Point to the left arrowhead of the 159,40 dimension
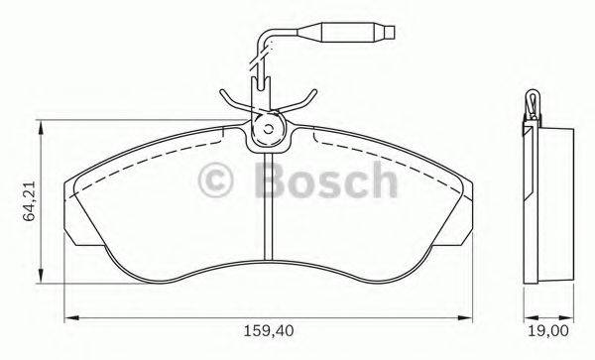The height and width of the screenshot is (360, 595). [69, 317]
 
